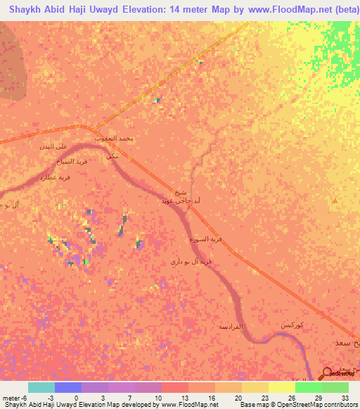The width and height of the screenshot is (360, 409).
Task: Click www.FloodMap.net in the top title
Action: (x=289, y=10)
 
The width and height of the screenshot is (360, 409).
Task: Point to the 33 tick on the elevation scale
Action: (x=345, y=398)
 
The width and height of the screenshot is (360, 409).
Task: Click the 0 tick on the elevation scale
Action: (x=75, y=398)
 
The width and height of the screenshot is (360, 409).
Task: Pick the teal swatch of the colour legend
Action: (x=41, y=387)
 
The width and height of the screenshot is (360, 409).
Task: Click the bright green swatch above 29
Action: (x=308, y=387)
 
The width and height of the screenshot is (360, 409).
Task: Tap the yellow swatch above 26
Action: (x=281, y=387)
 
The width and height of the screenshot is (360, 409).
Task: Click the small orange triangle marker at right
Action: (x=335, y=202)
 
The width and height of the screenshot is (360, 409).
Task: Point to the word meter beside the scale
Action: (x=12, y=398)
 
